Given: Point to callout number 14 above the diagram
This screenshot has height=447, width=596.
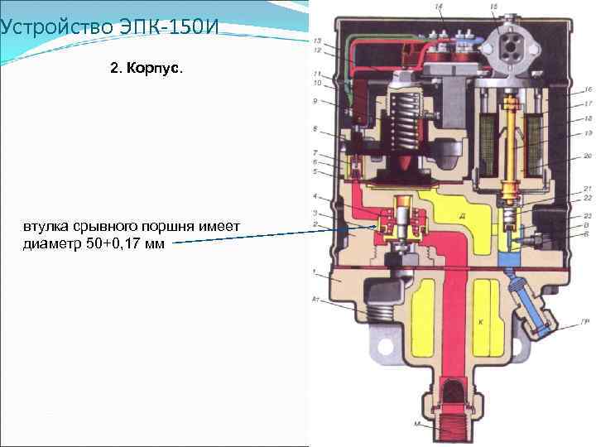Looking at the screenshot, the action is pos(438,7).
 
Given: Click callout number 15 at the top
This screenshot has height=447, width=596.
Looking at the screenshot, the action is pos(494,7).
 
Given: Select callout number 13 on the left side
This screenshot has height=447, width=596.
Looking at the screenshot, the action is pos(317,41).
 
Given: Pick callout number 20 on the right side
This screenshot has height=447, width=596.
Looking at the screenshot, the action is pos(586,156).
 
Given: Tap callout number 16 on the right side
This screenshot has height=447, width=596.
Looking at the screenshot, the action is pos(586,89).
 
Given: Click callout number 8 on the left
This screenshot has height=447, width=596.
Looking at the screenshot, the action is pos(315,129).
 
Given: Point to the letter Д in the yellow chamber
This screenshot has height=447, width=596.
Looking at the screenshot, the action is pos(460,215).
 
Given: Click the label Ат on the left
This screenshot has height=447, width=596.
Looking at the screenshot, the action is pos(315,297).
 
